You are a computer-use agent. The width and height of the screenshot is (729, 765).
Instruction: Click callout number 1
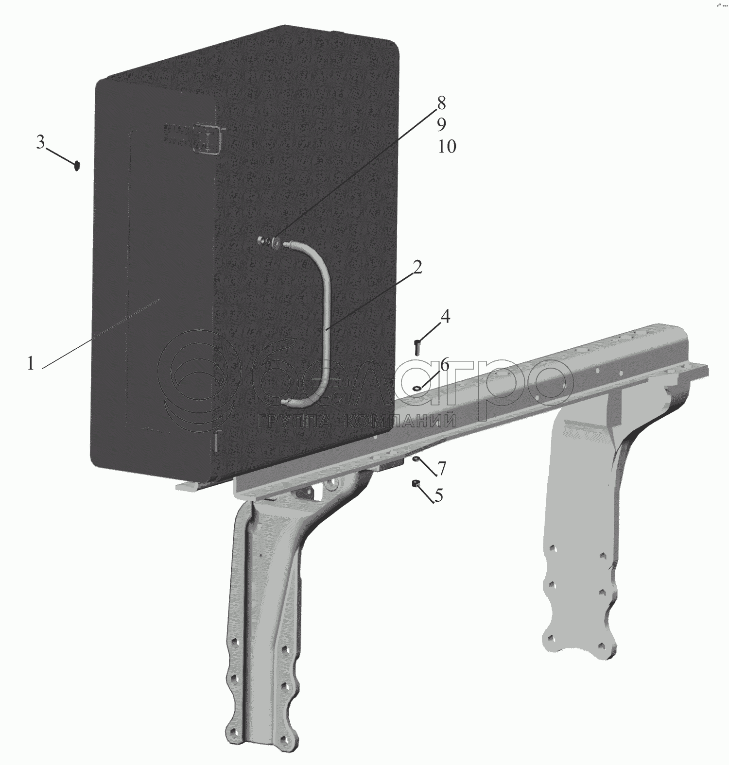pyautogui.click(x=31, y=363)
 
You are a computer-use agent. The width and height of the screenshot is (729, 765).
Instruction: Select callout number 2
pyautogui.click(x=417, y=267)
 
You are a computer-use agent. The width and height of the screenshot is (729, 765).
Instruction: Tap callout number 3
pyautogui.click(x=40, y=142)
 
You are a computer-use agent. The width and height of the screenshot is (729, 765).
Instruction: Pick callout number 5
pyautogui.click(x=438, y=495)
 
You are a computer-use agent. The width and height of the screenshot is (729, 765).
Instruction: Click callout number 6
pyautogui.click(x=445, y=364)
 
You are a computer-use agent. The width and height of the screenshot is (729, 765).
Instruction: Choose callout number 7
pyautogui.click(x=441, y=469)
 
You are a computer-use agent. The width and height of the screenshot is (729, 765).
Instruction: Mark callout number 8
pyautogui.click(x=441, y=102)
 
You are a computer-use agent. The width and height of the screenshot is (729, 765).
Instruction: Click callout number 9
pyautogui.click(x=441, y=125)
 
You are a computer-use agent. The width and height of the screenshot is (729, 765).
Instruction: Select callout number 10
pyautogui.click(x=447, y=146)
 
